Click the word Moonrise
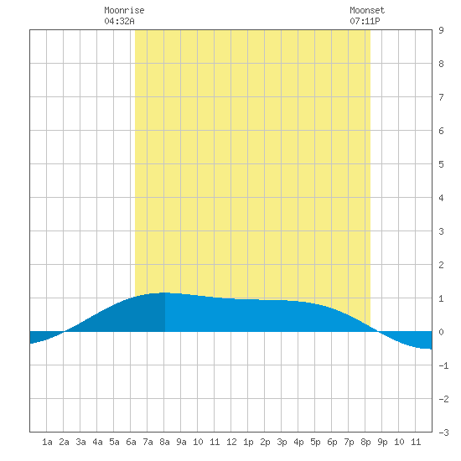[124, 10]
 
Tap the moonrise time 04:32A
[119, 21]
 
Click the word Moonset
[367, 10]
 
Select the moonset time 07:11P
[365, 21]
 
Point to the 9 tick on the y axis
[441, 30]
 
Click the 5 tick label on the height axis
[441, 164]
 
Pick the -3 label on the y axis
[443, 433]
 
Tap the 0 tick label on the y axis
[441, 332]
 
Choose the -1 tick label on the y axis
[443, 365]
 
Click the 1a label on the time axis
[47, 442]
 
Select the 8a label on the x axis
[164, 442]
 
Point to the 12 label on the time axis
[231, 442]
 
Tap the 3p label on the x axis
[282, 442]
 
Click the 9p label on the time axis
[382, 442]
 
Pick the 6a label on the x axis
[131, 442]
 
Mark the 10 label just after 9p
[399, 442]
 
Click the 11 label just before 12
[215, 442]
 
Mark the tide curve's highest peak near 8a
[163, 293]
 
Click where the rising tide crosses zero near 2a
[64, 332]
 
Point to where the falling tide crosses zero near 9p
[379, 332]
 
